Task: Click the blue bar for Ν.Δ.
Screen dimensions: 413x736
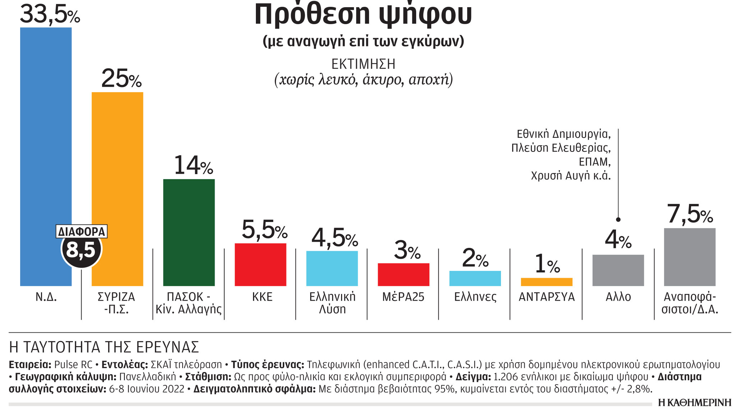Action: (x=46, y=144)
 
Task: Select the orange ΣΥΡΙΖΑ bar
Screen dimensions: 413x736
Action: (x=118, y=162)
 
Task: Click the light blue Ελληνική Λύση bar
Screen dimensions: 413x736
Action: (x=332, y=268)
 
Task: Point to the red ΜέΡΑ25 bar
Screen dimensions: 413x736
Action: (x=403, y=274)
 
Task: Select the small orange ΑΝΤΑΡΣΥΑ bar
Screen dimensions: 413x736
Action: (x=546, y=282)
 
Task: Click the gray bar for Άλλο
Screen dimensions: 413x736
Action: (x=618, y=270)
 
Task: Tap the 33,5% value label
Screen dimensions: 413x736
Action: (x=50, y=14)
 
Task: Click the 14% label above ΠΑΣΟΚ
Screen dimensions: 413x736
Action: (x=193, y=165)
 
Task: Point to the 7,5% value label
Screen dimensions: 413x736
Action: (x=690, y=214)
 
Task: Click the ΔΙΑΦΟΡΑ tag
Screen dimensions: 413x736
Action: (x=82, y=231)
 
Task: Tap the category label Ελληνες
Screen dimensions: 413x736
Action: (x=475, y=297)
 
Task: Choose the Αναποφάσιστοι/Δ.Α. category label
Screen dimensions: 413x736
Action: (x=690, y=303)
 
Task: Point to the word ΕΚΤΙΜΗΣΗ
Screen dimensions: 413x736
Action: (x=363, y=64)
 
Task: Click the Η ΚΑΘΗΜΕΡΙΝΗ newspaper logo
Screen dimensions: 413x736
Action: (x=694, y=403)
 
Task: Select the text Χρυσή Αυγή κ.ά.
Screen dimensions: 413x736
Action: (x=571, y=176)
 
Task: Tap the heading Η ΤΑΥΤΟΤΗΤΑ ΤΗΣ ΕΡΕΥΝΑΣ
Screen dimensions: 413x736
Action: (x=104, y=347)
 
